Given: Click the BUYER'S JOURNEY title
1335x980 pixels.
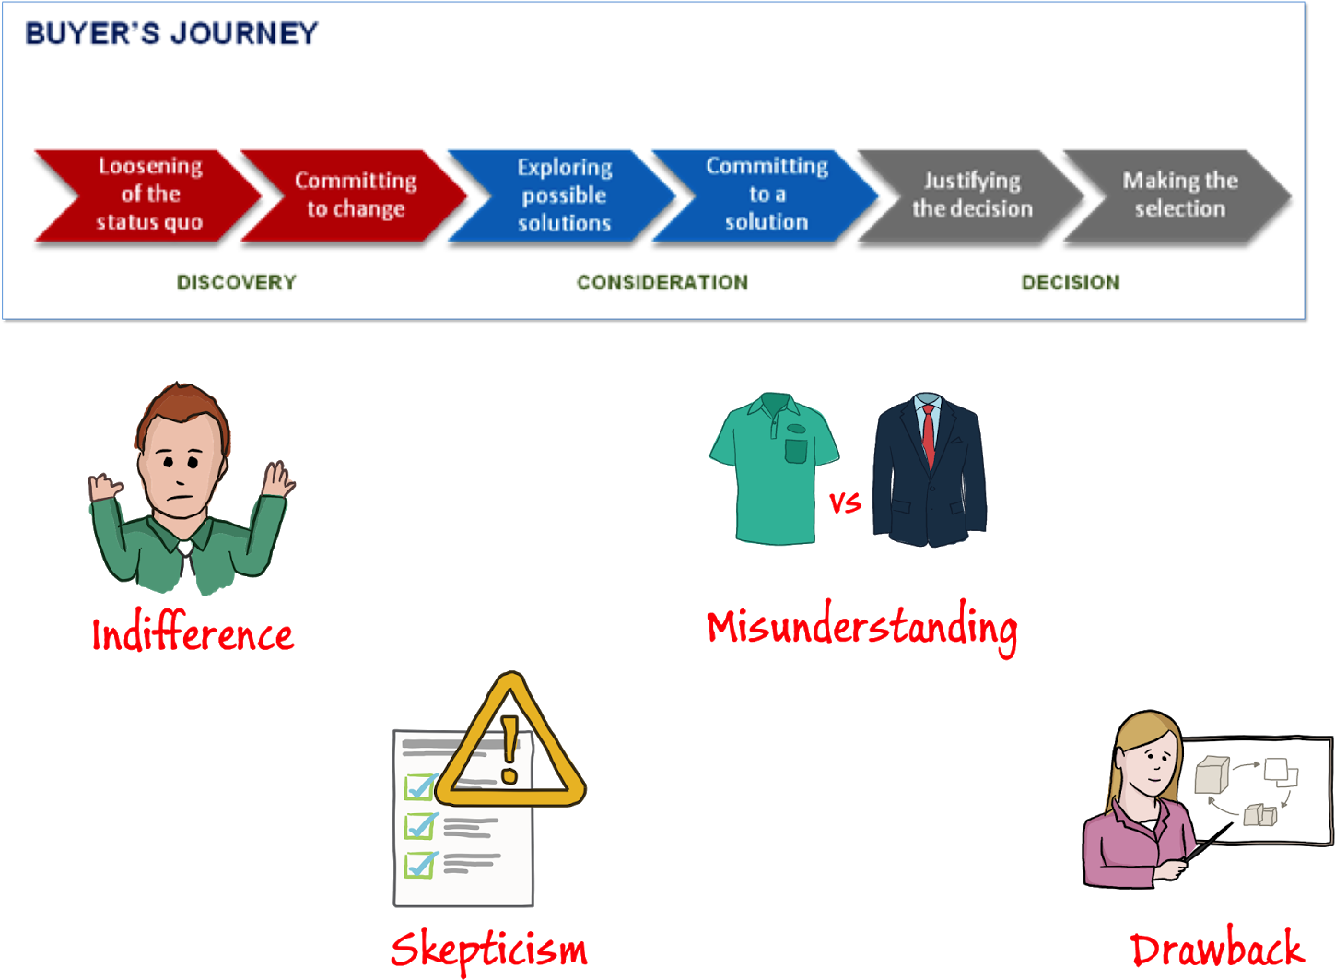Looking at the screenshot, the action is pos(171,33).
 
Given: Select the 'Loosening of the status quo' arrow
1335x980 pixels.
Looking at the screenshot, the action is pos(149,195).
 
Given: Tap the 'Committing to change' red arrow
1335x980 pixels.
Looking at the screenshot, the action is pos(356,195).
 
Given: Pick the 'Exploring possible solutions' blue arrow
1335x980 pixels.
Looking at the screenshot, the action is pos(563,195).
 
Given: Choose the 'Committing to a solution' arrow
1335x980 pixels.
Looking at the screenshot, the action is pos(767,195).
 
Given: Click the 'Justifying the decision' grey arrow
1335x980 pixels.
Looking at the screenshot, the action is pos(971,195).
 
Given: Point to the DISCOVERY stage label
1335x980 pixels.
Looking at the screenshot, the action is pos(237,282).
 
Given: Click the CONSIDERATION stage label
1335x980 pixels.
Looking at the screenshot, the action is pos(662,282).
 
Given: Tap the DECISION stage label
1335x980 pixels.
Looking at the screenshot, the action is pos(1071,282).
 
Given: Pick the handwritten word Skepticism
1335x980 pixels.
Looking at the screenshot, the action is pos(488,950).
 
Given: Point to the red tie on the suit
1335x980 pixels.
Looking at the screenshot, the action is pos(929,435).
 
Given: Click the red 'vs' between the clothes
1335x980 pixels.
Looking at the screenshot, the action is pos(845,502).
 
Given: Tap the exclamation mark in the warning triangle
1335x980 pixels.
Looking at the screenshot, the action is pos(509,750).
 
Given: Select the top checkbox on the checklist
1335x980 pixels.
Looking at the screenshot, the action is pos(420,787).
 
